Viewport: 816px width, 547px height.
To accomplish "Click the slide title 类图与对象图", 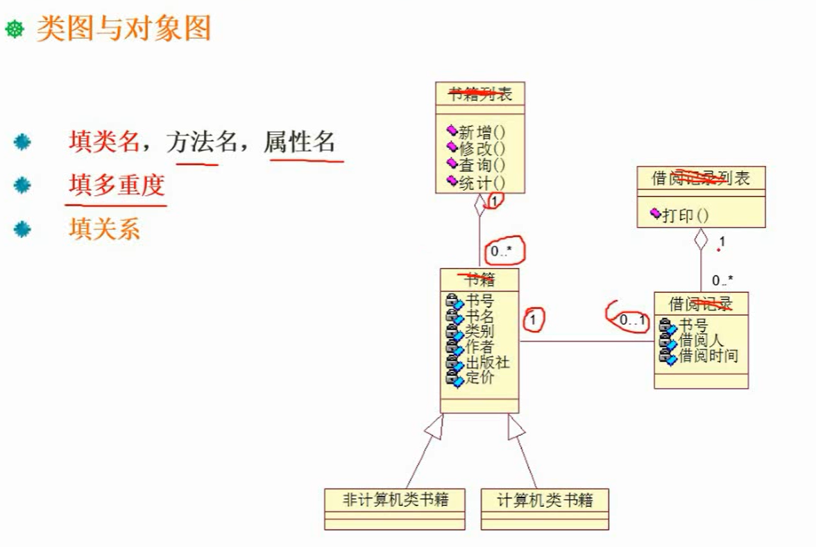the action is tap(124, 29).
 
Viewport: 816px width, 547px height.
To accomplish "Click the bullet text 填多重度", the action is tap(117, 185).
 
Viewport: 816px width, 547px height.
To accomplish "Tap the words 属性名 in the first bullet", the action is tap(299, 142).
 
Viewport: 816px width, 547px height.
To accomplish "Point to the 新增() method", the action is tap(481, 132).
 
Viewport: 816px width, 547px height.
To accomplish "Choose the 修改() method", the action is tap(481, 149).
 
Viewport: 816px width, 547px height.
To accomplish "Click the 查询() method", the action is tap(481, 165).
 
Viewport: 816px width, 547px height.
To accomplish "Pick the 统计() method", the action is tap(481, 183).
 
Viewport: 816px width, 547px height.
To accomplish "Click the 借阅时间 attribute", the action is tap(707, 356).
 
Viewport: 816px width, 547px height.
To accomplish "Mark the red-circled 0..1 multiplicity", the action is tap(632, 321).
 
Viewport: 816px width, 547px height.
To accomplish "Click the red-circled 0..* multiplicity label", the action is tap(502, 251).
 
